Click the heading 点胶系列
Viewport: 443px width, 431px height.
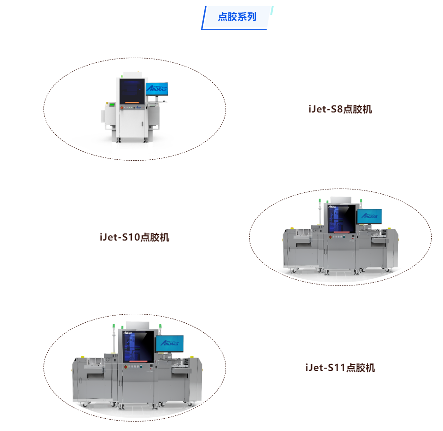click(x=237, y=17)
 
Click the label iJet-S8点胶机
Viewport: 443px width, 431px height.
click(x=340, y=109)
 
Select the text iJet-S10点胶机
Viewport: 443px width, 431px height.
click(x=134, y=237)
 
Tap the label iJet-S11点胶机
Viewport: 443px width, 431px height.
click(x=340, y=368)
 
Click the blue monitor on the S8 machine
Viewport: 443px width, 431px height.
click(x=157, y=89)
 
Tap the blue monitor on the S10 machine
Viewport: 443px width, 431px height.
click(x=369, y=216)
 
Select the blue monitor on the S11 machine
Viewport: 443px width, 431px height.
click(x=170, y=344)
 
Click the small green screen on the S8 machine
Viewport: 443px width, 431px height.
click(x=112, y=105)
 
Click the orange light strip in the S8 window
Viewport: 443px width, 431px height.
click(x=132, y=103)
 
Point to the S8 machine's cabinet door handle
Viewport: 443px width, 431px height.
click(x=142, y=124)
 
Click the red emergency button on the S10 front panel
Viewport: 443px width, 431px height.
click(x=330, y=237)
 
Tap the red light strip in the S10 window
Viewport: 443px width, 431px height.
click(x=341, y=232)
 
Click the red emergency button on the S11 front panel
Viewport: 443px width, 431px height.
click(x=126, y=367)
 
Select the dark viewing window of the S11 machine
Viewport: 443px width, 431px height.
click(x=139, y=346)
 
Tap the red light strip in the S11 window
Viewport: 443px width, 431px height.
click(x=139, y=361)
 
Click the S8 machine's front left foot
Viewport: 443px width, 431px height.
click(x=119, y=140)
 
